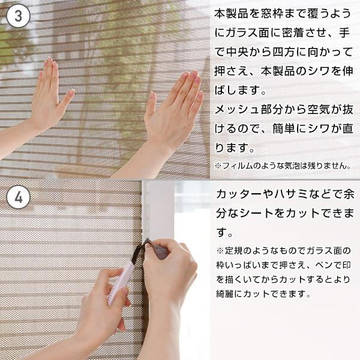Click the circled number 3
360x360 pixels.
coord(18,16)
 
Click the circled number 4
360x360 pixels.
coord(18,197)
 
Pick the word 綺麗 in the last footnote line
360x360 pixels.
coord(224,293)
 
